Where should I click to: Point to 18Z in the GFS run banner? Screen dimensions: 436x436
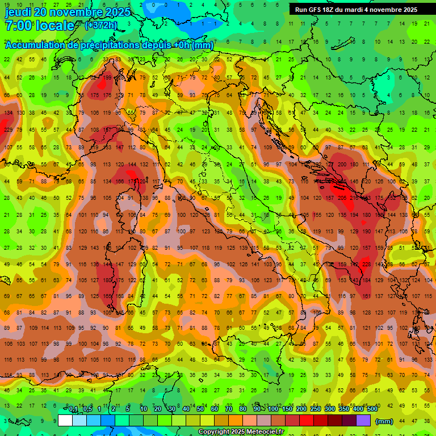click(331, 10)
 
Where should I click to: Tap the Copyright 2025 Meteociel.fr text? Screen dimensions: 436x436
click(240, 431)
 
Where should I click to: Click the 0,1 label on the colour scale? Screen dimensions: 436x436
click(73, 409)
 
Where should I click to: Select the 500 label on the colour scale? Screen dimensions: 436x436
click(372, 409)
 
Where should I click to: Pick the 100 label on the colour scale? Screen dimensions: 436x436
click(273, 409)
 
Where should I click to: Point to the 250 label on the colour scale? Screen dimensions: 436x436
click(316, 409)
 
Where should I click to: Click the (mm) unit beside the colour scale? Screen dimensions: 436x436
click(384, 421)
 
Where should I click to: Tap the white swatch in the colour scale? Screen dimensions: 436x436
click(65, 421)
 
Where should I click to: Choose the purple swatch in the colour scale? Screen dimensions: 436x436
click(364, 421)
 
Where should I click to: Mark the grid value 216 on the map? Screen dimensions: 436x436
click(355, 198)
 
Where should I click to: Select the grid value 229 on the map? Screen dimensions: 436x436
click(8, 130)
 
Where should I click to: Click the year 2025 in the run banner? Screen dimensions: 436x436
click(408, 10)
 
